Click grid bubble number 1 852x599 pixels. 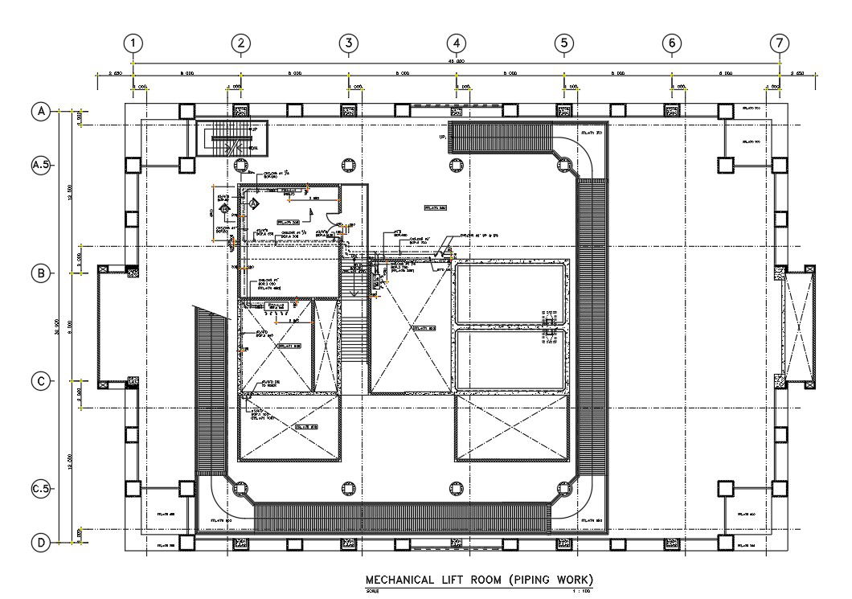pyautogui.click(x=133, y=43)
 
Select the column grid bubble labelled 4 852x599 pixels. pyautogui.click(x=456, y=43)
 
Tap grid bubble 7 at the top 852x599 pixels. pyautogui.click(x=778, y=43)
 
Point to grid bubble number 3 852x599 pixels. pyautogui.click(x=348, y=43)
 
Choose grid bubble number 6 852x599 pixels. pyautogui.click(x=671, y=43)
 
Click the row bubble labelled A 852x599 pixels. pyautogui.click(x=40, y=112)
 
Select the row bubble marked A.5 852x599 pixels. pyautogui.click(x=40, y=165)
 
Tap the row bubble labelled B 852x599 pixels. pyautogui.click(x=40, y=273)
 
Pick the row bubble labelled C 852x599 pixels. pyautogui.click(x=40, y=381)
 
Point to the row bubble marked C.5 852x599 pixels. pyautogui.click(x=40, y=488)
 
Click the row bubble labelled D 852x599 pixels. pyautogui.click(x=40, y=543)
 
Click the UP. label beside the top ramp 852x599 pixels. pyautogui.click(x=442, y=137)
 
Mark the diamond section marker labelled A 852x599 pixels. pyautogui.click(x=254, y=204)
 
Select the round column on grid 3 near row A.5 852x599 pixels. pyautogui.click(x=348, y=165)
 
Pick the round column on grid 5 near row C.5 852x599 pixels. pyautogui.click(x=563, y=489)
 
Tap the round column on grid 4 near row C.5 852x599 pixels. pyautogui.click(x=456, y=489)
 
